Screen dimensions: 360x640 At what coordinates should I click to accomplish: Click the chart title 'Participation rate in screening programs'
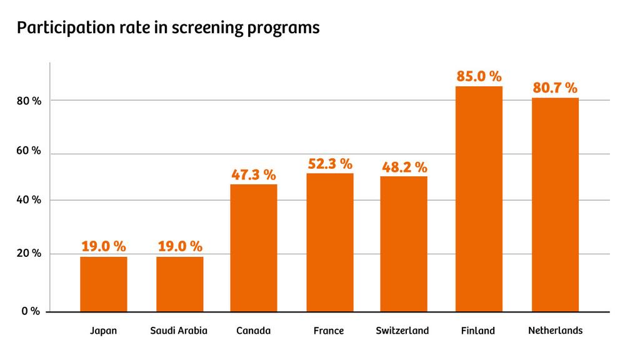tap(169, 28)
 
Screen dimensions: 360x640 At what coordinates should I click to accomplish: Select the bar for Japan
tap(104, 284)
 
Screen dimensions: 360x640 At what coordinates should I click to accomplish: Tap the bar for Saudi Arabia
tap(179, 284)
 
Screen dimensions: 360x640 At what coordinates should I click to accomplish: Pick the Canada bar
tap(254, 247)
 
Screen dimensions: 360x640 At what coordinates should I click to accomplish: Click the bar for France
tap(329, 242)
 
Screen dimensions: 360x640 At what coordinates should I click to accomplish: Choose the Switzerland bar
tap(404, 244)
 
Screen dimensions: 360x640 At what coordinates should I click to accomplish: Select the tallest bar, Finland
tap(479, 199)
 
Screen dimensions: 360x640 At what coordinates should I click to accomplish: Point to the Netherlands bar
tap(555, 204)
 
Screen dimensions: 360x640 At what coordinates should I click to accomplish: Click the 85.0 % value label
tap(479, 76)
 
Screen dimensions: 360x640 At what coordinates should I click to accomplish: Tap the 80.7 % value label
tap(555, 88)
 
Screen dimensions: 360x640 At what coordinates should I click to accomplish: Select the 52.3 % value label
tap(330, 164)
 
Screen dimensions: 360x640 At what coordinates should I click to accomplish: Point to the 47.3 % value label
tap(254, 175)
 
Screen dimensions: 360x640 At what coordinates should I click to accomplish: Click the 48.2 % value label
tap(404, 167)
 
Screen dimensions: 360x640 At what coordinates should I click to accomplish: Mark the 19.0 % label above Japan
tap(104, 246)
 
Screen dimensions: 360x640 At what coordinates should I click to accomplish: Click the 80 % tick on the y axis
tap(29, 101)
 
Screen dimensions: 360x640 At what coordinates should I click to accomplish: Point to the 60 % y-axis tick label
tap(29, 151)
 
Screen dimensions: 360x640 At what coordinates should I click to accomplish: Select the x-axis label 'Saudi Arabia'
tap(179, 331)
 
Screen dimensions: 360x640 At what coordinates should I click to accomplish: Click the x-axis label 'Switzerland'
tap(402, 331)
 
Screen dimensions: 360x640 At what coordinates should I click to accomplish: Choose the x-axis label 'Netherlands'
tap(555, 330)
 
